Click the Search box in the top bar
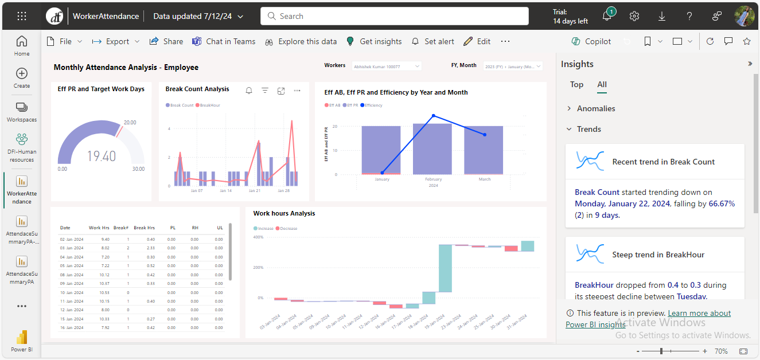click(395, 16)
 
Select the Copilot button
click(591, 41)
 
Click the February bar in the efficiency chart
click(432, 149)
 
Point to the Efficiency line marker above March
click(485, 135)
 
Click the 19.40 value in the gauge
click(102, 156)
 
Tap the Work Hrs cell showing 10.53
click(104, 292)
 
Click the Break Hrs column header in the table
click(144, 228)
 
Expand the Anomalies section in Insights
click(595, 108)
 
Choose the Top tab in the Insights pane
click(576, 84)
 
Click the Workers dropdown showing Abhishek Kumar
click(387, 66)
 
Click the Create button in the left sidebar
click(22, 78)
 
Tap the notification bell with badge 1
click(607, 16)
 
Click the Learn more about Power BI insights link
click(699, 314)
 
